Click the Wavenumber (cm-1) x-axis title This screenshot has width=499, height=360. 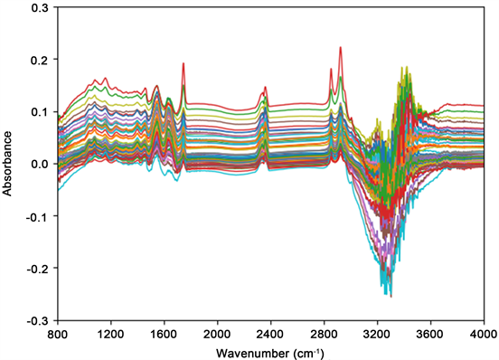pos(277,350)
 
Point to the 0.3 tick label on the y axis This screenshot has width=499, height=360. pos(40,6)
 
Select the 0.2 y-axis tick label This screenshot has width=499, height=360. pos(40,60)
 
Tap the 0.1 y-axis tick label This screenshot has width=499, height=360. pos(40,112)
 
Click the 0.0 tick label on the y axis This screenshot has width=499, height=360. pos(40,165)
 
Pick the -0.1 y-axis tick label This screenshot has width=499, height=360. pos(38,217)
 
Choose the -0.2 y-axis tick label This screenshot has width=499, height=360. pos(38,270)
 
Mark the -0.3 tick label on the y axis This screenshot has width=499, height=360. pos(38,321)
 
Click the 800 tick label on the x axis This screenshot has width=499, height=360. pos(58,333)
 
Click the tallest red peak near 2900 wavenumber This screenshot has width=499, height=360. pos(340,48)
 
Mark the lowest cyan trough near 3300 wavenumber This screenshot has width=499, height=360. pos(390,296)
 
